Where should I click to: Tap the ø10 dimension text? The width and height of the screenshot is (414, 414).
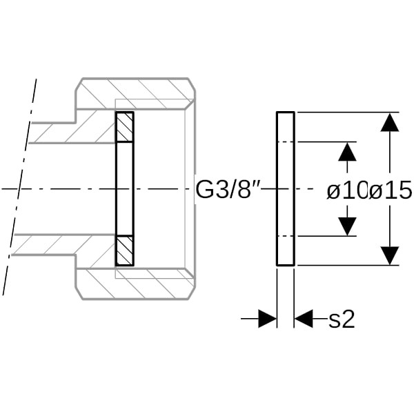[348, 190]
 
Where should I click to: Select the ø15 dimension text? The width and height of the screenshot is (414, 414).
[391, 190]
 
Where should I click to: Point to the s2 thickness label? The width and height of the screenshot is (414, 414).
[342, 319]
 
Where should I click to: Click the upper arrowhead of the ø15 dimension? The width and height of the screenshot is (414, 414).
[390, 122]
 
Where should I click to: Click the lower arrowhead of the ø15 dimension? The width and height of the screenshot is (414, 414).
[390, 255]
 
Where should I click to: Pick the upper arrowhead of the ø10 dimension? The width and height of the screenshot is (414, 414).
[347, 152]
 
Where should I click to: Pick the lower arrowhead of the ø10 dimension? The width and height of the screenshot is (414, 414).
[347, 226]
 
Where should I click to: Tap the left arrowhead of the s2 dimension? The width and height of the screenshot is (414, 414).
[267, 319]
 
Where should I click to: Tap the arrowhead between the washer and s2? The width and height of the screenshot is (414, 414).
[304, 319]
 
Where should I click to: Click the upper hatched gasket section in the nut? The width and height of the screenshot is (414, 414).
[125, 127]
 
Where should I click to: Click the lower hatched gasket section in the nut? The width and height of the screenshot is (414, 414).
[125, 250]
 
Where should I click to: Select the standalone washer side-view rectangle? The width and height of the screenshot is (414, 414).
[286, 188]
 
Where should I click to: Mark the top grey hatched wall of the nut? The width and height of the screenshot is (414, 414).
[135, 93]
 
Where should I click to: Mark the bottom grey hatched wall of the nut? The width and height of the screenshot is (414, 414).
[135, 284]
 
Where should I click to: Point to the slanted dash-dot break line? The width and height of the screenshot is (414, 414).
[19, 187]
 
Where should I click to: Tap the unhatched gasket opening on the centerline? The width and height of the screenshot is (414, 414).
[125, 189]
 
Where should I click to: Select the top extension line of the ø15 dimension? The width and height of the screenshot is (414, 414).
[348, 112]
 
